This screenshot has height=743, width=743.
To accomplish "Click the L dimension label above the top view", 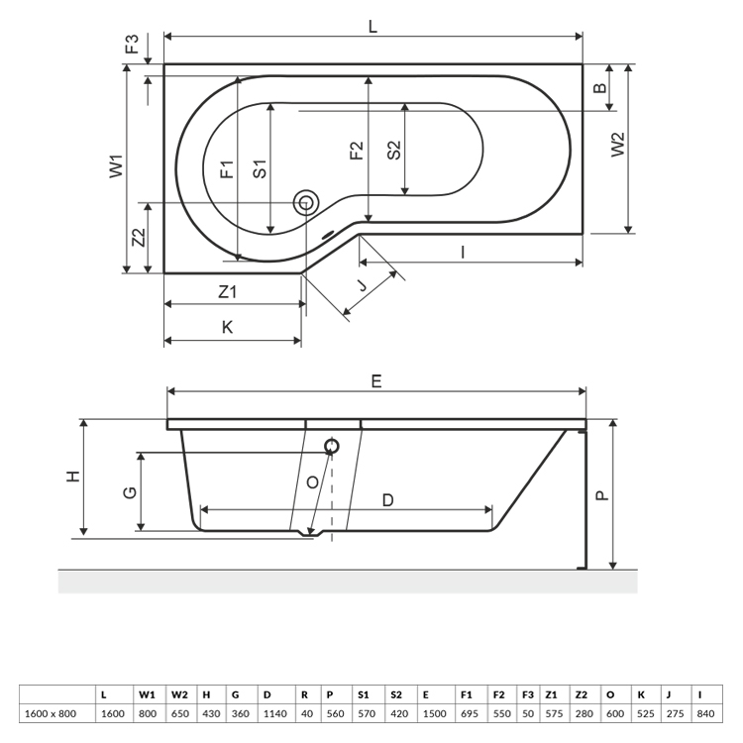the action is [372, 26].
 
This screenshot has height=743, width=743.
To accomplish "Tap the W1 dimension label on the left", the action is [117, 166].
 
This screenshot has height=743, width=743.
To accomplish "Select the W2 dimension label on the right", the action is [618, 145].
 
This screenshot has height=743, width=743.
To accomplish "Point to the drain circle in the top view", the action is [306, 203].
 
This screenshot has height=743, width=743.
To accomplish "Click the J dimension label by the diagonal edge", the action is [362, 284].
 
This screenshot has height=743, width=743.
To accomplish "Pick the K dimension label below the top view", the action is [228, 327].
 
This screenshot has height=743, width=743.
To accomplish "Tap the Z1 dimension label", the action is [228, 291].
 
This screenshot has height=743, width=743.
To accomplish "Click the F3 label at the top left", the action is [132, 44].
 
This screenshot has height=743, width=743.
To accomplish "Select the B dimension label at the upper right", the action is [600, 87].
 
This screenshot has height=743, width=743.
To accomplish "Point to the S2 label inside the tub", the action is [393, 151].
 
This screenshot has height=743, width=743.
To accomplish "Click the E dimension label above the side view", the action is [376, 381].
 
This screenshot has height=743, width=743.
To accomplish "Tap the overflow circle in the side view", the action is [332, 446].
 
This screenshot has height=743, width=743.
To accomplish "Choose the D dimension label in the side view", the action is [387, 500].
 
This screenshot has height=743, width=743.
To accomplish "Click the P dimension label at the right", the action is [601, 495].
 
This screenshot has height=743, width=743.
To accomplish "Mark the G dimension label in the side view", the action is [130, 492].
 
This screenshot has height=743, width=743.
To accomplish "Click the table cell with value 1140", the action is [274, 713].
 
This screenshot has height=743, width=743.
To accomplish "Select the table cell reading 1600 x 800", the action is [51, 713].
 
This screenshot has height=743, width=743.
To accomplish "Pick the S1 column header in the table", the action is [364, 694].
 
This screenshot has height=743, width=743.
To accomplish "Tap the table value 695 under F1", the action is [470, 713].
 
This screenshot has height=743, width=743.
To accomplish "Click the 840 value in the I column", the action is [705, 713].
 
